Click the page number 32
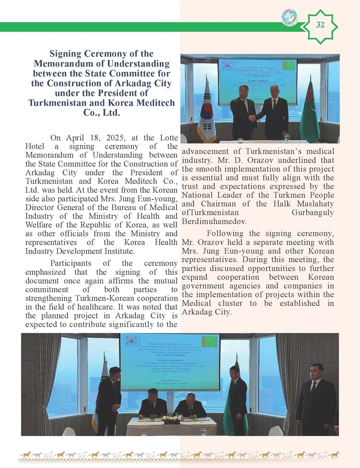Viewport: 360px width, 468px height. (320, 26)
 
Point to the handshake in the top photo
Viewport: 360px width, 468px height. (252, 118)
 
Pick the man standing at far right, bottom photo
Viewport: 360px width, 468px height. (316, 399)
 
